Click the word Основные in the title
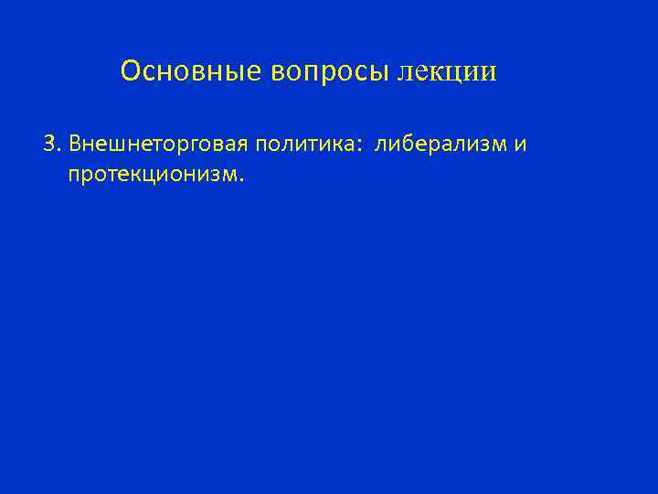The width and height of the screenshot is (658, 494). tap(192, 71)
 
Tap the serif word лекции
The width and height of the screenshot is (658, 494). tap(448, 72)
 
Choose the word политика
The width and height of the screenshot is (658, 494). tap(306, 145)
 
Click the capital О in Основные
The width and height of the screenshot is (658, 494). tap(130, 71)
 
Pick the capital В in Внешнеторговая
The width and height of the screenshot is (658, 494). tap(75, 145)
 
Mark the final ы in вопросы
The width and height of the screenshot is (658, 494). tap(383, 72)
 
